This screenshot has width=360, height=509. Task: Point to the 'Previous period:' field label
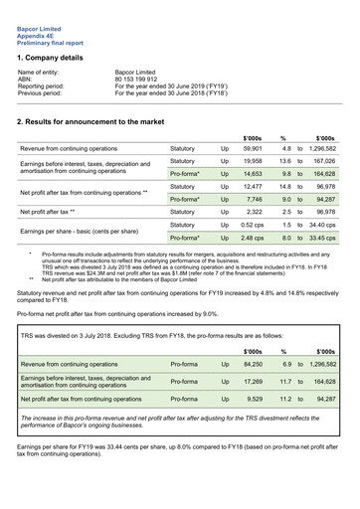[x=44, y=98]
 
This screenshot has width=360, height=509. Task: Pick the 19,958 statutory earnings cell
[x=253, y=160]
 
